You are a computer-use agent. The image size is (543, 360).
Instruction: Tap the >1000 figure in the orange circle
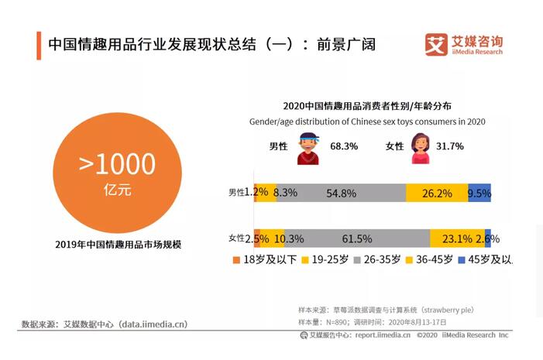pos(117,163)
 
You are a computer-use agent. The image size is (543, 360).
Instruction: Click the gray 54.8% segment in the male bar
pos(341,194)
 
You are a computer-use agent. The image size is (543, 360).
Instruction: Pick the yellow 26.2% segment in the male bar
pos(437,194)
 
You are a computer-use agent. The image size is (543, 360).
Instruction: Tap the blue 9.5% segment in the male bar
pos(479,194)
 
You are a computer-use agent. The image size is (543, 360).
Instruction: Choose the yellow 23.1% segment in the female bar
pos(457,238)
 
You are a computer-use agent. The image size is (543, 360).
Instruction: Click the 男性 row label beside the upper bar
pos(236,193)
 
